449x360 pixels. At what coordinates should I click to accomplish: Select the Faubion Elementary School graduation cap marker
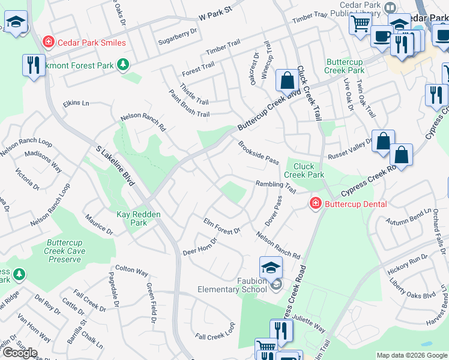coord(271,266)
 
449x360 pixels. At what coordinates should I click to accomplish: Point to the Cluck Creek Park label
coord(304,170)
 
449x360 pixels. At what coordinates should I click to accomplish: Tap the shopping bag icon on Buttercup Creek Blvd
coord(287,80)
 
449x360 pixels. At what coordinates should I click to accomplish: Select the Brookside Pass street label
coord(259,153)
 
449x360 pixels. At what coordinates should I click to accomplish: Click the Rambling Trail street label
coord(276,187)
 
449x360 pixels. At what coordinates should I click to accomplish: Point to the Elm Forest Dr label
coord(222,226)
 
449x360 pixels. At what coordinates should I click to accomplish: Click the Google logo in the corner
coord(19,353)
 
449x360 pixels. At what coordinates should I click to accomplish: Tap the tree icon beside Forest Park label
coord(123,64)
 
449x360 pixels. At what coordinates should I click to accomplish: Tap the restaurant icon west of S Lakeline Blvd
coord(33,65)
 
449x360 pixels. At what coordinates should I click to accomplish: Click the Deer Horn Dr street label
coord(199,245)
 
